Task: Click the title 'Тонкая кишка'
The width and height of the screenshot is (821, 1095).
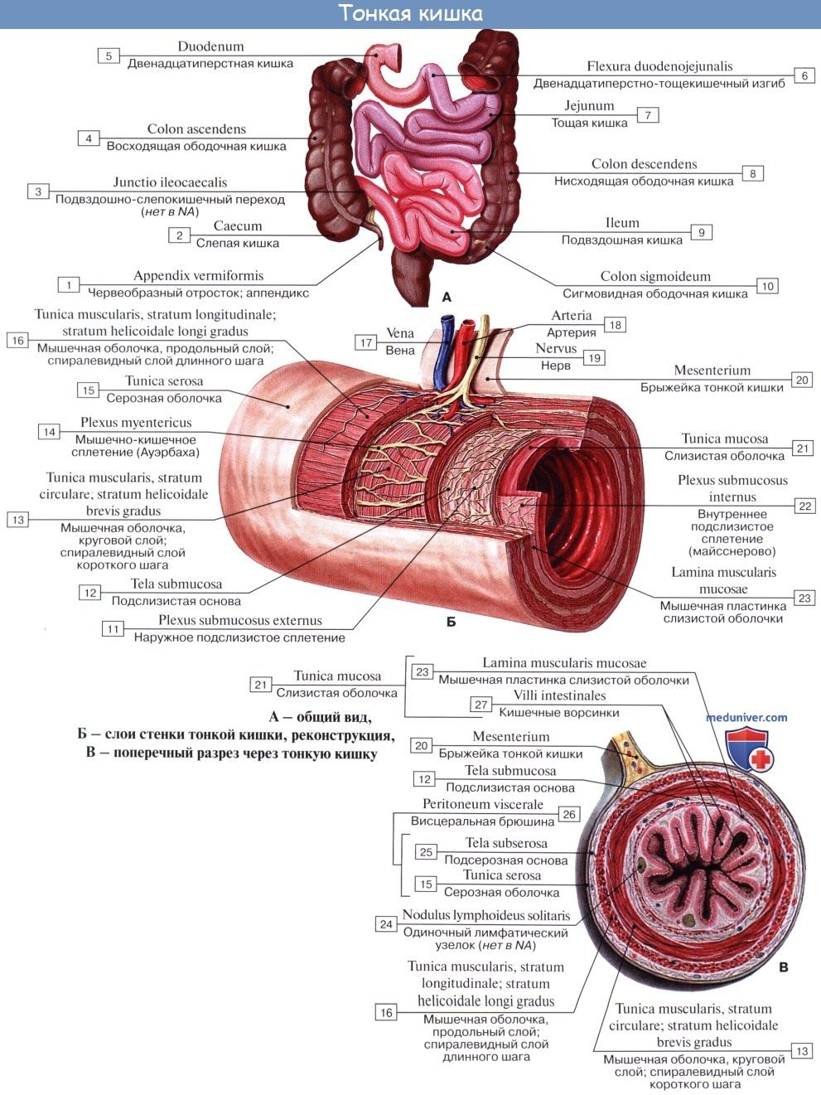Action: (410, 14)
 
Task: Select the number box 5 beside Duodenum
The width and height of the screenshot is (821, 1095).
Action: (109, 56)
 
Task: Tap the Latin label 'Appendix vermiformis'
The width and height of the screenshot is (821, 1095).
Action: (198, 276)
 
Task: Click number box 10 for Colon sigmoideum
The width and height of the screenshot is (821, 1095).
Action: (767, 286)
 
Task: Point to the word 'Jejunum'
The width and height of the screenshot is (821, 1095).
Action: (589, 106)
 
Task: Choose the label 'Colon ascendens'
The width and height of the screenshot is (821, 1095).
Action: (196, 129)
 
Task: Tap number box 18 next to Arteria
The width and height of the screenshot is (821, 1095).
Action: (615, 325)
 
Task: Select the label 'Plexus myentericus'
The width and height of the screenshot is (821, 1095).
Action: (136, 424)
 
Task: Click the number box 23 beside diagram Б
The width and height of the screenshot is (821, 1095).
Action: (804, 598)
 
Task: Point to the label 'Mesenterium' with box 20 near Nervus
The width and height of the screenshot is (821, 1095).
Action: (712, 371)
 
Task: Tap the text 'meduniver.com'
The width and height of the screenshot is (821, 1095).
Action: (747, 718)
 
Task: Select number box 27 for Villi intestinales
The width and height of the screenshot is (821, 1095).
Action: (481, 705)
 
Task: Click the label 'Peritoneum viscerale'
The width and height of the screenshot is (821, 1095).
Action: (483, 804)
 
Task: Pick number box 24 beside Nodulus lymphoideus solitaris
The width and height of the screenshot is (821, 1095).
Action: (386, 924)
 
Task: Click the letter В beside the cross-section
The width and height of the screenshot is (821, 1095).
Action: (784, 967)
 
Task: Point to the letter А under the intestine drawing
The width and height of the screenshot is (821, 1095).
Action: (447, 296)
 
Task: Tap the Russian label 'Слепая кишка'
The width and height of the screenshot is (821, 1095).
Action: (238, 244)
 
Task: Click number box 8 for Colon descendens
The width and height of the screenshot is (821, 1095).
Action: (752, 173)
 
